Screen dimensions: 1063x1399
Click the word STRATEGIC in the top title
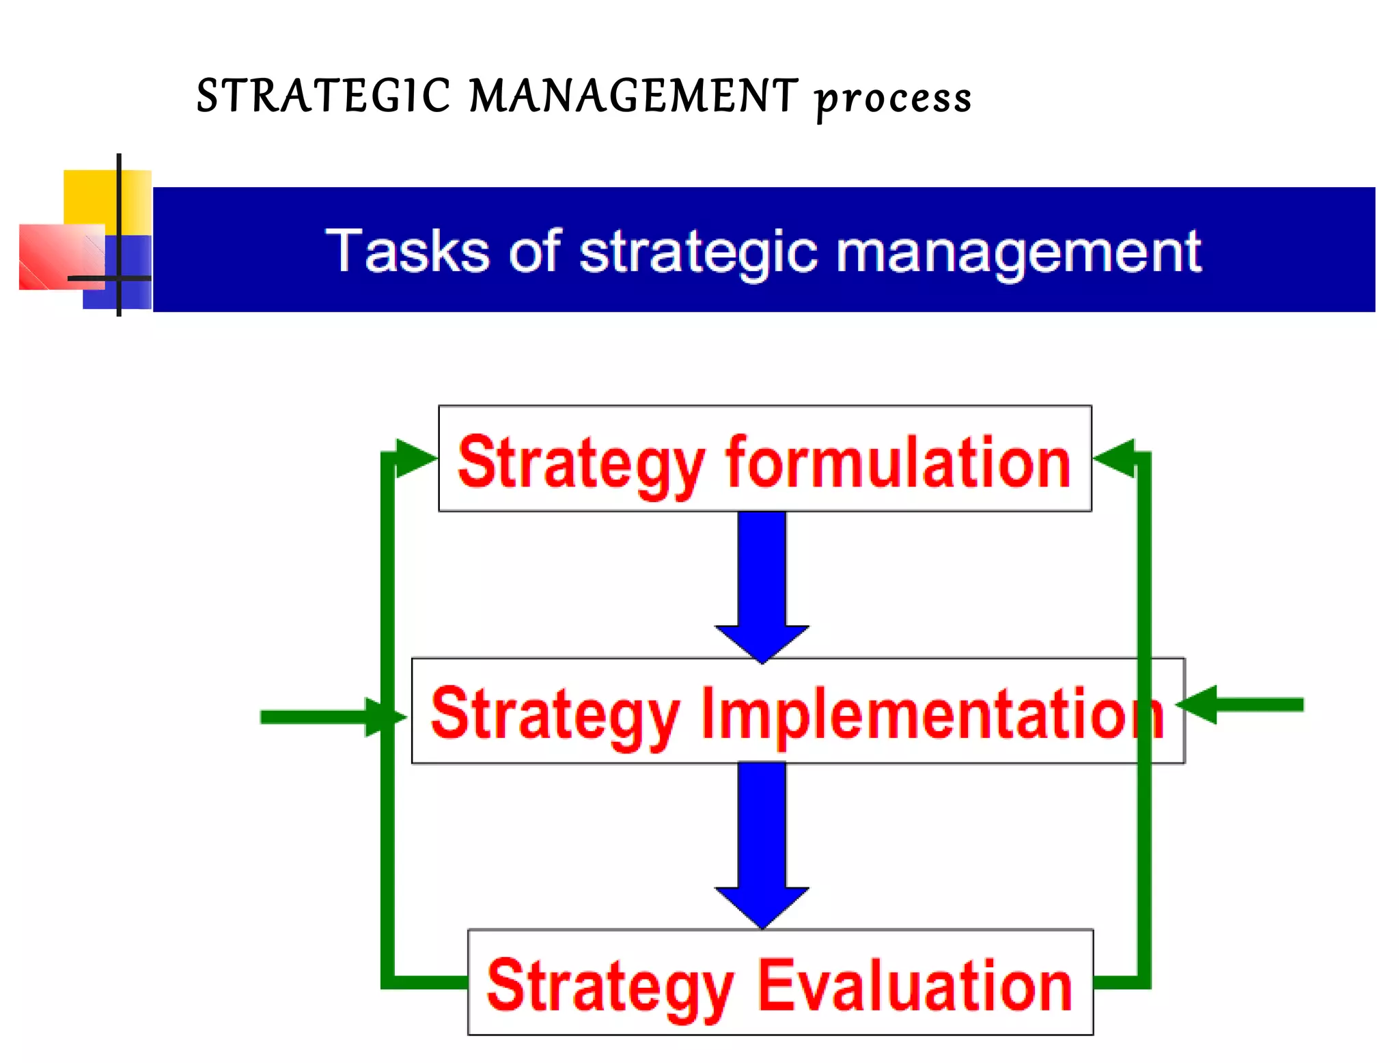click(x=323, y=96)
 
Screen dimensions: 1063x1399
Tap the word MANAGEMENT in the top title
click(x=633, y=96)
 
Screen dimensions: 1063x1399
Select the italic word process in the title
click(x=894, y=99)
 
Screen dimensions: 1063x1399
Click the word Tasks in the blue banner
click(x=407, y=251)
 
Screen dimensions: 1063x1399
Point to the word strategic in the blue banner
click(x=697, y=253)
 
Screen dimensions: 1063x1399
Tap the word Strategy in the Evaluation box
click(x=610, y=987)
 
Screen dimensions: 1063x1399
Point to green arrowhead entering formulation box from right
click(x=1115, y=458)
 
